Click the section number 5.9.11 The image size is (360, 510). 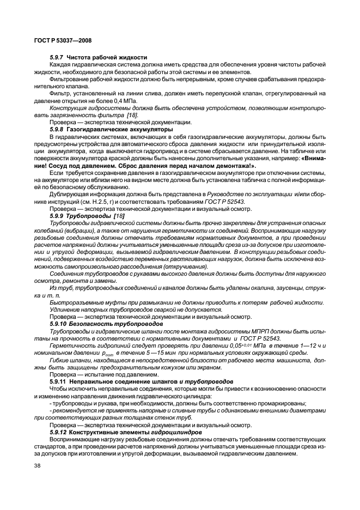pos(59,381)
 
